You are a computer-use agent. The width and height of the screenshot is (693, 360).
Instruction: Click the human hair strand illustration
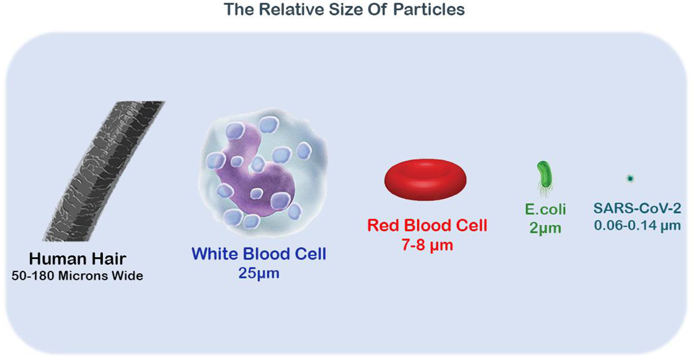[x=103, y=171]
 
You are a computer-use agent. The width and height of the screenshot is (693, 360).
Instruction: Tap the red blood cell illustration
[x=426, y=180]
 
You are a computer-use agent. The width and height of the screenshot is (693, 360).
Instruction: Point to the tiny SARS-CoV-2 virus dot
[x=630, y=179]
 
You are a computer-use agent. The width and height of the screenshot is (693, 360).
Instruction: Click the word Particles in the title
[x=429, y=10]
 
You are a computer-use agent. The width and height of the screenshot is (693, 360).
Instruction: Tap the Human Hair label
[x=77, y=259]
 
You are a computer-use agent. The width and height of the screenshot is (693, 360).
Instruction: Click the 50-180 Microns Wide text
[x=77, y=276]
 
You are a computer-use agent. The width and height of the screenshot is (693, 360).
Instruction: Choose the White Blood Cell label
[x=259, y=254]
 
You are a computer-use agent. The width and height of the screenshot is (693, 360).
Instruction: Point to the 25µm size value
[x=259, y=273]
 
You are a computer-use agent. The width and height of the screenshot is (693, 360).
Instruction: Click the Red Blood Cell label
[x=427, y=225]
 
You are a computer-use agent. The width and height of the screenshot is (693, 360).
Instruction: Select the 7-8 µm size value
[x=427, y=245]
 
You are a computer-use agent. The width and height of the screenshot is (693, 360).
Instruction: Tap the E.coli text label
[x=545, y=210]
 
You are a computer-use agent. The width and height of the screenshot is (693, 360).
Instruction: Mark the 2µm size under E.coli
[x=545, y=228]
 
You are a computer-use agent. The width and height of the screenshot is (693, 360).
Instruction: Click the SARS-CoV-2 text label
[x=638, y=209]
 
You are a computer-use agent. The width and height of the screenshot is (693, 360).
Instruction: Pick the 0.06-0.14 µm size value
[x=638, y=226]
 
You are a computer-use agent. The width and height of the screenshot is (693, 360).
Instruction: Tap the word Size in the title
[x=345, y=10]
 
